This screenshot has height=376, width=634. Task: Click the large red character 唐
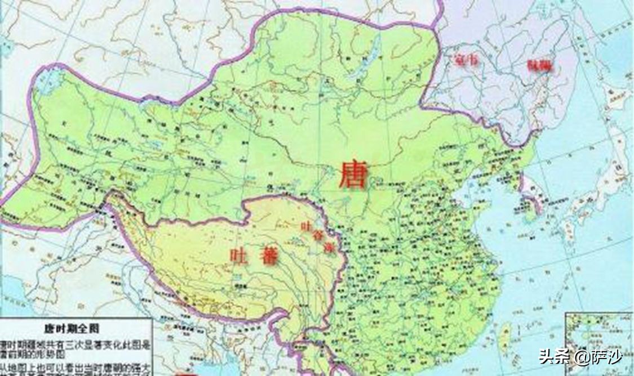click(x=352, y=173)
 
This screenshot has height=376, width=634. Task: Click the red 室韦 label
click(x=465, y=60)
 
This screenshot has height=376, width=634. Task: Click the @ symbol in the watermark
click(x=581, y=357)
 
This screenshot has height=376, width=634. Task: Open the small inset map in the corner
click(x=600, y=343)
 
